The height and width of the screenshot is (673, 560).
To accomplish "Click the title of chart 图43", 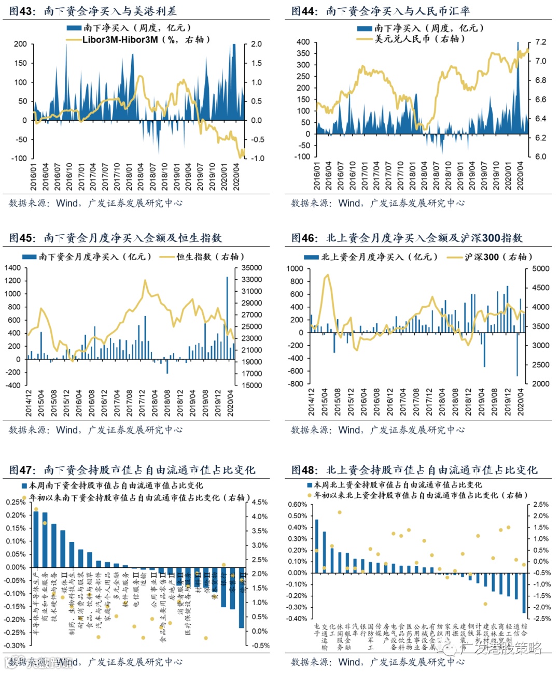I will pos(93,11).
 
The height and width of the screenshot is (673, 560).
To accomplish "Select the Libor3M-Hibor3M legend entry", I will pos(137,39).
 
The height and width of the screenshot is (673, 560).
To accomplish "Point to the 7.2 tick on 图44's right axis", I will pos(540,42).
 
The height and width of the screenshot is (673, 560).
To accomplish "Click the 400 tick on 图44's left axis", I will pos(303,42).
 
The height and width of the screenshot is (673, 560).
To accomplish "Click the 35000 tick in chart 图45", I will pos(251,268).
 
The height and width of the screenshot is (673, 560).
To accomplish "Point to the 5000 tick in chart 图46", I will pos(540,268).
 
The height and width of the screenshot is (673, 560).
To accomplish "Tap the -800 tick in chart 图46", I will pos(296,384).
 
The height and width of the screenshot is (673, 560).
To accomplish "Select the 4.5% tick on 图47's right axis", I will pos(260,502).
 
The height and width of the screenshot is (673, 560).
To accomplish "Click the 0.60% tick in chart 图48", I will pos(297,505).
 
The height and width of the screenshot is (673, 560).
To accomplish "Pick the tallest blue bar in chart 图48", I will pos(317,546).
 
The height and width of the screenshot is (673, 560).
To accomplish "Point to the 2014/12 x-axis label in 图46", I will pos(312,402).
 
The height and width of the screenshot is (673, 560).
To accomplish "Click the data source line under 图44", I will pos(377,203).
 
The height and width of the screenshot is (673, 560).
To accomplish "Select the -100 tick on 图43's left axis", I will pos(20,158).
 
